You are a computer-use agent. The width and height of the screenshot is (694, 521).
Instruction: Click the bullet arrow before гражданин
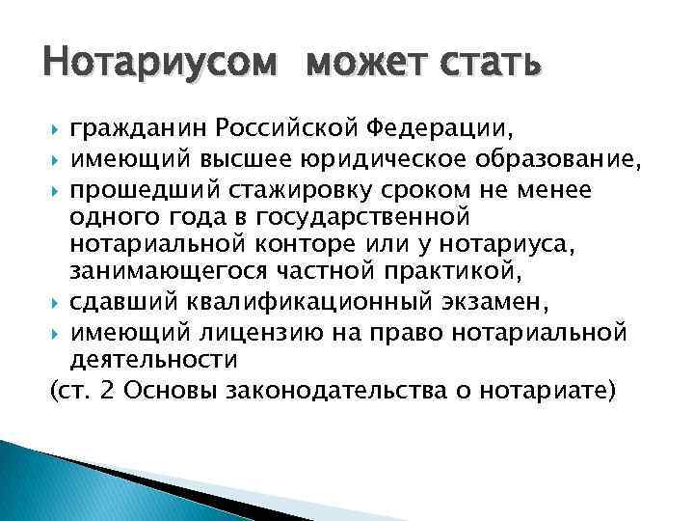point(54,126)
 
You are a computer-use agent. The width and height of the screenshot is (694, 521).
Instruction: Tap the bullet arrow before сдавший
point(54,303)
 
